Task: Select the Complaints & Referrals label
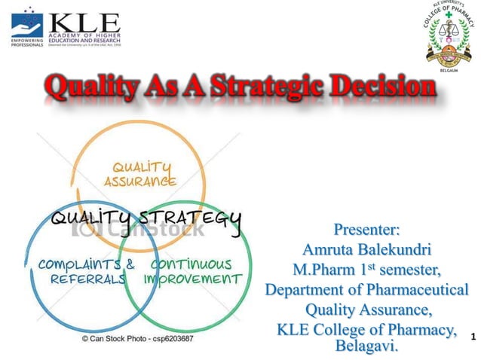pos(86,271)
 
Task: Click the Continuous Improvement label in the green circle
pos(192,271)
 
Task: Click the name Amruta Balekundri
pos(366,249)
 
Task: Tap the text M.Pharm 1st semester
pos(366,269)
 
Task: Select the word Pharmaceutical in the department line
pos(418,290)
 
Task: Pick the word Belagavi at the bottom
pos(366,346)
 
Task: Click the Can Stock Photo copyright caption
pos(137,339)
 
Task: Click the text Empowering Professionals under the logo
pos(26,43)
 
